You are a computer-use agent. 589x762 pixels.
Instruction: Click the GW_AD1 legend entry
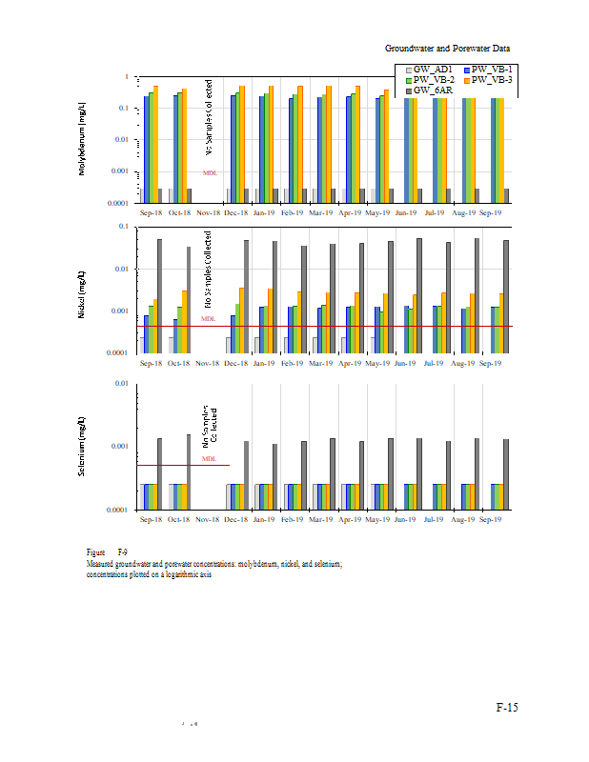point(429,70)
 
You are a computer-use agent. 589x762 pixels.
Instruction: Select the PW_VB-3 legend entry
point(492,79)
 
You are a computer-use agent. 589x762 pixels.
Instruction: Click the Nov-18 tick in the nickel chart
point(209,364)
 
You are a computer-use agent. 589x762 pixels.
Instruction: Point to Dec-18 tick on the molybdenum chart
point(237,213)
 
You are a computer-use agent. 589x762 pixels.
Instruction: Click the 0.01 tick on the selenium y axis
point(121,384)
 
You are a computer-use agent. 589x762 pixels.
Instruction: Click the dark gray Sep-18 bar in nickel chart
point(159,295)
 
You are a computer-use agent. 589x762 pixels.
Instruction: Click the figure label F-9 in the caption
point(122,552)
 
